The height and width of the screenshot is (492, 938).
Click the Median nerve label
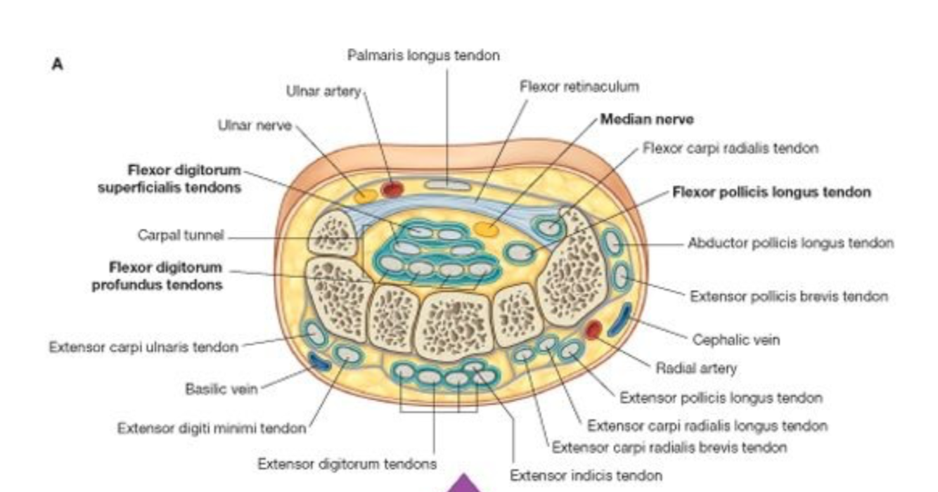pyautogui.click(x=646, y=119)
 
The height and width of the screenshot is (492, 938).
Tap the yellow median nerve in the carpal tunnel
pyautogui.click(x=486, y=228)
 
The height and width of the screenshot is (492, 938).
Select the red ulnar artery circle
pyautogui.click(x=391, y=188)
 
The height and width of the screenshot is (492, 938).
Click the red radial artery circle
pyautogui.click(x=594, y=328)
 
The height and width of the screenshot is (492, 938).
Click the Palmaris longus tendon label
pyautogui.click(x=423, y=55)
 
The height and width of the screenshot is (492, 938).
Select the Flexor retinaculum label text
pyautogui.click(x=579, y=86)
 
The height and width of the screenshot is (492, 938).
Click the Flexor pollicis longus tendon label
pyautogui.click(x=771, y=192)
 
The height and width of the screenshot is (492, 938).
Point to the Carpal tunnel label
pyautogui.click(x=181, y=235)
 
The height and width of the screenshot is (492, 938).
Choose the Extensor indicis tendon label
pyautogui.click(x=586, y=476)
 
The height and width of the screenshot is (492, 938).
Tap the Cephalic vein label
pyautogui.click(x=736, y=339)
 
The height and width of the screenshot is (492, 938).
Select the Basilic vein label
pyautogui.click(x=221, y=389)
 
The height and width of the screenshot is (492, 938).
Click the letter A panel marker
pyautogui.click(x=57, y=64)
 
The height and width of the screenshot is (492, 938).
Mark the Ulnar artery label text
pyautogui.click(x=323, y=91)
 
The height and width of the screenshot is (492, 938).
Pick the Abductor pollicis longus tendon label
pyautogui.click(x=790, y=243)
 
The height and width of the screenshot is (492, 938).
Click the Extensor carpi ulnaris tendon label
pyautogui.click(x=143, y=347)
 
